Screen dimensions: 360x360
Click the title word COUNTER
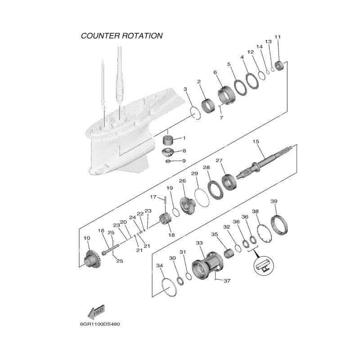(100, 36)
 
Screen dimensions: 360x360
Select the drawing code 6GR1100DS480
(100, 324)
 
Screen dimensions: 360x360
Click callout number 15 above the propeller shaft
(256, 141)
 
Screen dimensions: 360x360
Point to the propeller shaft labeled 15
(264, 163)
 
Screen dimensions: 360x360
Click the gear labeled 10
(92, 258)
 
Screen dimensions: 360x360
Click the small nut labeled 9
(168, 161)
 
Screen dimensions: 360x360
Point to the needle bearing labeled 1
(168, 140)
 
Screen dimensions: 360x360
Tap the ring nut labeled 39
(279, 225)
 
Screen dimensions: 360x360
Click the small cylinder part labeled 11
(279, 65)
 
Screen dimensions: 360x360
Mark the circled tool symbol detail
(264, 265)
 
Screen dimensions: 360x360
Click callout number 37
(227, 280)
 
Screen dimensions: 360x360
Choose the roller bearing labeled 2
(208, 105)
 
